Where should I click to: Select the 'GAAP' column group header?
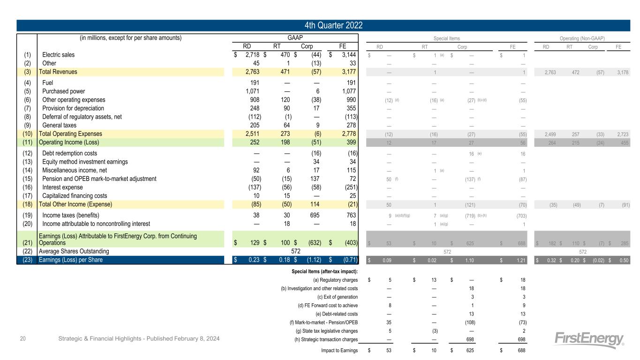point(295,37)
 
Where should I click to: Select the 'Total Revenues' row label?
point(58,72)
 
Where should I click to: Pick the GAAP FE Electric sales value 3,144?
point(346,55)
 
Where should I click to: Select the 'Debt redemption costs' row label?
point(70,153)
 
